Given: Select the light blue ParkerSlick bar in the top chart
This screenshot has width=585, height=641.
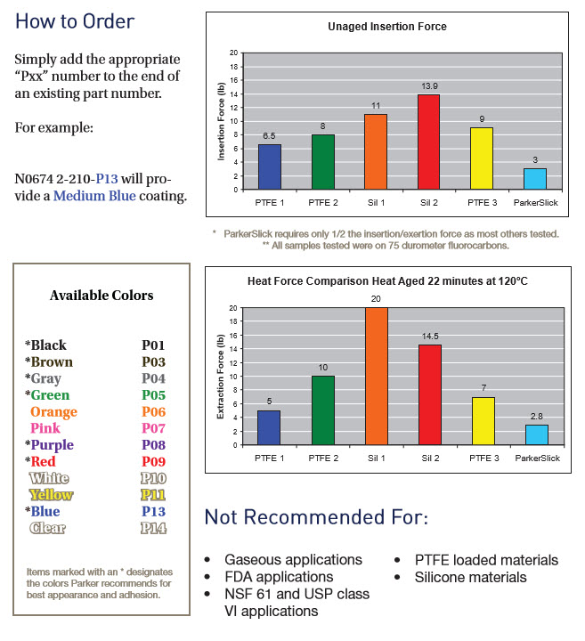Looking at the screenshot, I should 534,178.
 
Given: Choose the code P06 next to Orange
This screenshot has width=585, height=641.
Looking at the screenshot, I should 153,412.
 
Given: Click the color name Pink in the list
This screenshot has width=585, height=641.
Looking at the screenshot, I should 47,429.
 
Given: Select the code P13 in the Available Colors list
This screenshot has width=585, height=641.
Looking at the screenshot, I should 153,511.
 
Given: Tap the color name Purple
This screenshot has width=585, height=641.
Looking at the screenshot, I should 52,445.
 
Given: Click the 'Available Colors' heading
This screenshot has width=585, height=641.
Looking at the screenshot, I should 102,296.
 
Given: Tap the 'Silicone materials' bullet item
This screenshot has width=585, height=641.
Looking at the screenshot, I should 470,577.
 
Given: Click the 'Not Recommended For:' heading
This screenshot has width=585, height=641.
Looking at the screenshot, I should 316,518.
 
